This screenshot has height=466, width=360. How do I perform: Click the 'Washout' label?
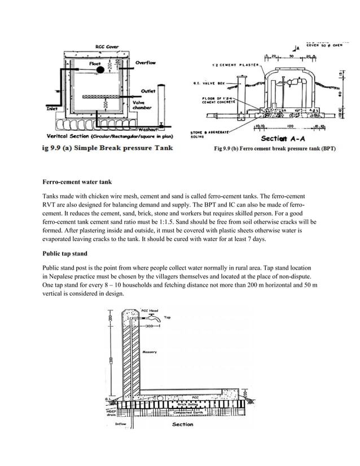click(148, 129)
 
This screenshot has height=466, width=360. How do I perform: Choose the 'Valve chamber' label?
click(139, 105)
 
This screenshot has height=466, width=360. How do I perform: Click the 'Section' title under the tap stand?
click(182, 424)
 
